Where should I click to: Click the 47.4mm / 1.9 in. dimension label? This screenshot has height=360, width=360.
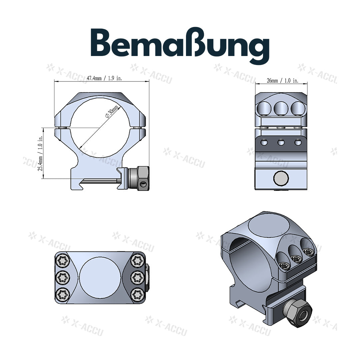point(104,78)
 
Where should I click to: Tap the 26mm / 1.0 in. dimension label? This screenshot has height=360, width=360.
point(283,81)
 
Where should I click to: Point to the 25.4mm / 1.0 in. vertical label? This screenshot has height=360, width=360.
point(40,153)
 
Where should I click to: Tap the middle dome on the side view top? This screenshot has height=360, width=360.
point(281,108)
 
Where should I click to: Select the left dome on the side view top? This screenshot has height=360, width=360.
point(265,108)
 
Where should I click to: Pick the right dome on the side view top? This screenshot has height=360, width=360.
point(298,108)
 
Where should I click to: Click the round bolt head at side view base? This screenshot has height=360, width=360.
point(281,179)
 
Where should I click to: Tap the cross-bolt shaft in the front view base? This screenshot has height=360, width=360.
point(100,181)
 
